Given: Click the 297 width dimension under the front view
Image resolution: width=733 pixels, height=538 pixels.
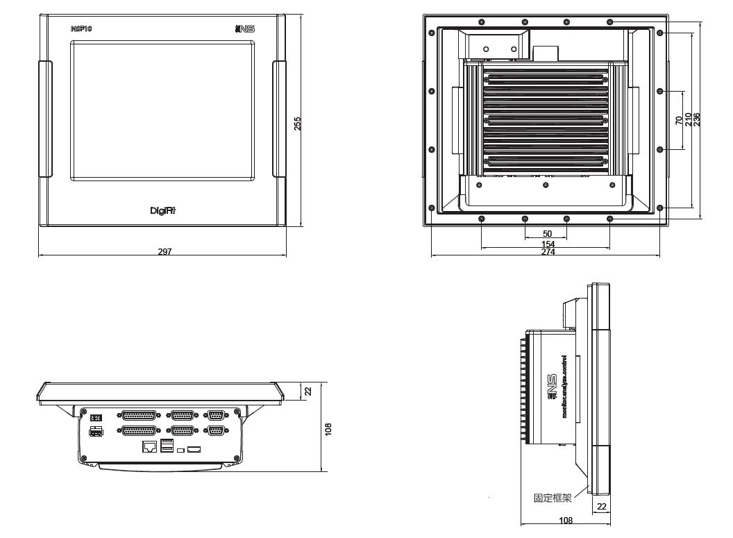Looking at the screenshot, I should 164,251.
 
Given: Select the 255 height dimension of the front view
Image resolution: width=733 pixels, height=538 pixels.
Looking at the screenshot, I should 298,123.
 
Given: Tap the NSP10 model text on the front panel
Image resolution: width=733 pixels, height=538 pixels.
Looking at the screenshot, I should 81,28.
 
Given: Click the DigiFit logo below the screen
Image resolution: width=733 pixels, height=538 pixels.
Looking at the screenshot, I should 163,210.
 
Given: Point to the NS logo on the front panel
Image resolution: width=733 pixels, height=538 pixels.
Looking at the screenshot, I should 246,28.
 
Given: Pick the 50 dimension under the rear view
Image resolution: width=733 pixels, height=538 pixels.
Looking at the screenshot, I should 547,234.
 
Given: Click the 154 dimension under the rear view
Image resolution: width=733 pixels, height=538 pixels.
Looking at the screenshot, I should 548,244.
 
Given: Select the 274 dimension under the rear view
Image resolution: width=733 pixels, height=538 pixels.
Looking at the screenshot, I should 548,252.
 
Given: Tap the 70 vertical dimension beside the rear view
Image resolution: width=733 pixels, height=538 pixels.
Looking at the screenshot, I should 679,119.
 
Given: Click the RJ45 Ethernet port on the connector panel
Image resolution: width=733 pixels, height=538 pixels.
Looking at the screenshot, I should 149,446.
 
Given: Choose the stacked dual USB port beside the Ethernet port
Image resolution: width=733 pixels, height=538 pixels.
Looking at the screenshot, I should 167,446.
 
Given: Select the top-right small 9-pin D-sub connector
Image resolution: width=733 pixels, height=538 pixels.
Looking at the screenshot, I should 214,415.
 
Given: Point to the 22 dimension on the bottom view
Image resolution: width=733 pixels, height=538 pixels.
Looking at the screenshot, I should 308,391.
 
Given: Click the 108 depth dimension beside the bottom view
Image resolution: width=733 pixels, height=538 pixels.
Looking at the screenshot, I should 328,429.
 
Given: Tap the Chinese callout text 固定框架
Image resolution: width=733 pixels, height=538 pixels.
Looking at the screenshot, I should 552,498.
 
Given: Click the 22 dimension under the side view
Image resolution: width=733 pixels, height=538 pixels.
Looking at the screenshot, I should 602,507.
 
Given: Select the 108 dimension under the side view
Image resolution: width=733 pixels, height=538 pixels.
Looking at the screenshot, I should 566,521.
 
